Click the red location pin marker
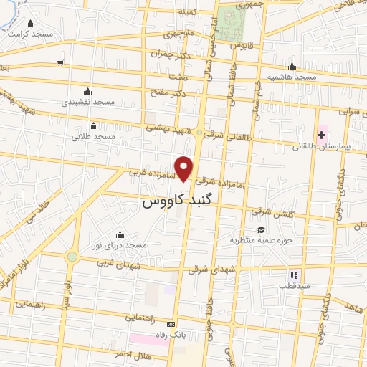[185, 168]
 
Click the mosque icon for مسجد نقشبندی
[87, 91]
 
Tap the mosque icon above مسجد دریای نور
[119, 234]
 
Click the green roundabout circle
[72, 257]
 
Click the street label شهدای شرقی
[212, 270]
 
